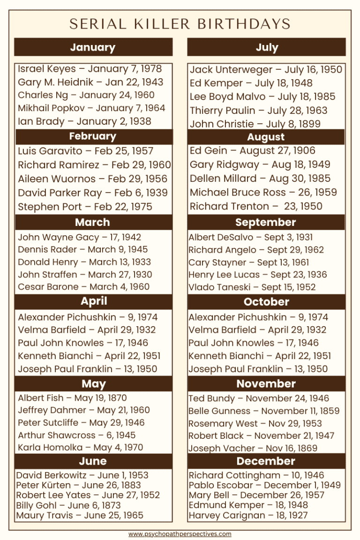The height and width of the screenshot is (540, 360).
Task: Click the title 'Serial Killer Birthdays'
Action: coord(180,24)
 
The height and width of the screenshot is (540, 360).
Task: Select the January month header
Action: coord(93,47)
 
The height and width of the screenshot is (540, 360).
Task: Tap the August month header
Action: coord(266,137)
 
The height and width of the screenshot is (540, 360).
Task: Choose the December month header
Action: coord(266,461)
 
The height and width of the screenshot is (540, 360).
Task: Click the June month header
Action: coord(93,461)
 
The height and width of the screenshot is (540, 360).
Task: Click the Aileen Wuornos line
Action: coord(92,179)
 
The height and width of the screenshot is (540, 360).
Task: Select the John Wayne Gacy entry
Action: coord(79,237)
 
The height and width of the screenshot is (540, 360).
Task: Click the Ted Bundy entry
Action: coord(259,398)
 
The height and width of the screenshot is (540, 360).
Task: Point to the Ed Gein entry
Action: coord(253,150)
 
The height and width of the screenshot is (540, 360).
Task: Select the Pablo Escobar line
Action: coord(265,485)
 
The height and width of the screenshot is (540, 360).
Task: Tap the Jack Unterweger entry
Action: coord(266,70)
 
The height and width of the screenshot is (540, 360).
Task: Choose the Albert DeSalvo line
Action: coord(251,237)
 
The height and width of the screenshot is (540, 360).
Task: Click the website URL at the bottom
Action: coord(180,534)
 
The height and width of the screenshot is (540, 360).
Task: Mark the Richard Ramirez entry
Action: coord(94,165)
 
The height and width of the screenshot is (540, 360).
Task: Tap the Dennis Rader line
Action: coord(82,250)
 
